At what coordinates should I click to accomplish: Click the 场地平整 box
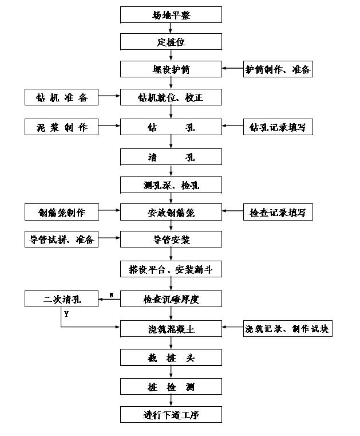171,15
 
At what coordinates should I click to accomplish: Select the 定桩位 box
171,42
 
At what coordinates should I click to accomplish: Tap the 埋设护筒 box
171,69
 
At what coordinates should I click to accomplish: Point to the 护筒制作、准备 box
278,69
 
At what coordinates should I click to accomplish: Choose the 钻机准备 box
61,97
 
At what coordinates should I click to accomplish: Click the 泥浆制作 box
61,127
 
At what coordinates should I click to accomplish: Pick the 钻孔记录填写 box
278,127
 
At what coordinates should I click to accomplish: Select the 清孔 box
171,157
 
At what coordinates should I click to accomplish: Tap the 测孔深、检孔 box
171,184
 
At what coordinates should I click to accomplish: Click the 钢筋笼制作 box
61,213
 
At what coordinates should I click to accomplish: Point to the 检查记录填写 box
278,213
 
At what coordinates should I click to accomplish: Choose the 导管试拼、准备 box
61,239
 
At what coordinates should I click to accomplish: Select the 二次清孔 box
61,298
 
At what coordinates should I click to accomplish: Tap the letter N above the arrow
111,294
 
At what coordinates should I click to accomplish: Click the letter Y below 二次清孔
66,314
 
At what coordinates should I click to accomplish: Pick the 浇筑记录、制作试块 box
288,328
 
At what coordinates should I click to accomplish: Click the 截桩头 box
171,358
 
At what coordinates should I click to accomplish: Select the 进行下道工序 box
171,414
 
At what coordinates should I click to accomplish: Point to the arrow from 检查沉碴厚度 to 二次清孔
109,298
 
